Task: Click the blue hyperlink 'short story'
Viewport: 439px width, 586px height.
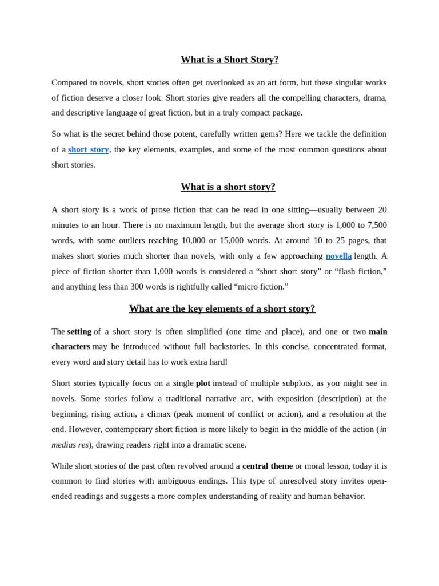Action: pyautogui.click(x=89, y=149)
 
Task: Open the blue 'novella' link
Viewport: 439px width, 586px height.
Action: pyautogui.click(x=338, y=256)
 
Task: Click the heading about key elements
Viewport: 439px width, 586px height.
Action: pyautogui.click(x=222, y=309)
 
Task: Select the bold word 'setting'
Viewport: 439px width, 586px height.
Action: pyautogui.click(x=79, y=331)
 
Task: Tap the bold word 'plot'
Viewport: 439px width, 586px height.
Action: pyautogui.click(x=203, y=383)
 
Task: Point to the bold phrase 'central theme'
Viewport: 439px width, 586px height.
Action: pyautogui.click(x=267, y=466)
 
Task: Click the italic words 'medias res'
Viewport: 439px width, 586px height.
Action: pyautogui.click(x=70, y=445)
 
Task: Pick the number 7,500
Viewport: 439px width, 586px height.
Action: pyautogui.click(x=376, y=225)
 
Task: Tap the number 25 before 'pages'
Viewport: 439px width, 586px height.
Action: pyautogui.click(x=340, y=240)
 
